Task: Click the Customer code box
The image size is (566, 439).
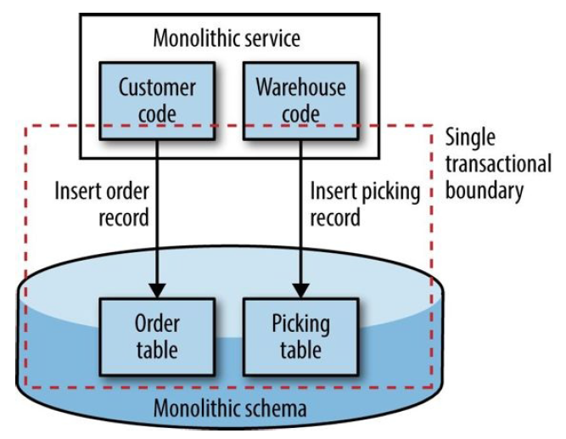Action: tap(158, 99)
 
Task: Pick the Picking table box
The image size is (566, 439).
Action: tap(300, 335)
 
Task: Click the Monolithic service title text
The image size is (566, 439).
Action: tap(226, 37)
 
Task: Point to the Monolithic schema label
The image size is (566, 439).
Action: tap(230, 408)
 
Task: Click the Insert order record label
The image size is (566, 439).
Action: tap(103, 204)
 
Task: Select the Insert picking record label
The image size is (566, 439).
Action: tap(366, 204)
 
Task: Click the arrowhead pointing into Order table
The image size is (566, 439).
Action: tap(158, 288)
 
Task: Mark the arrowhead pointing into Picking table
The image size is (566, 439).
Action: tap(300, 288)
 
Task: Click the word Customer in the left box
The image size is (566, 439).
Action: tap(158, 87)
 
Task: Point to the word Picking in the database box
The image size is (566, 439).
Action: tap(300, 324)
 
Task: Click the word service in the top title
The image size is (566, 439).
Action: tap(272, 37)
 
